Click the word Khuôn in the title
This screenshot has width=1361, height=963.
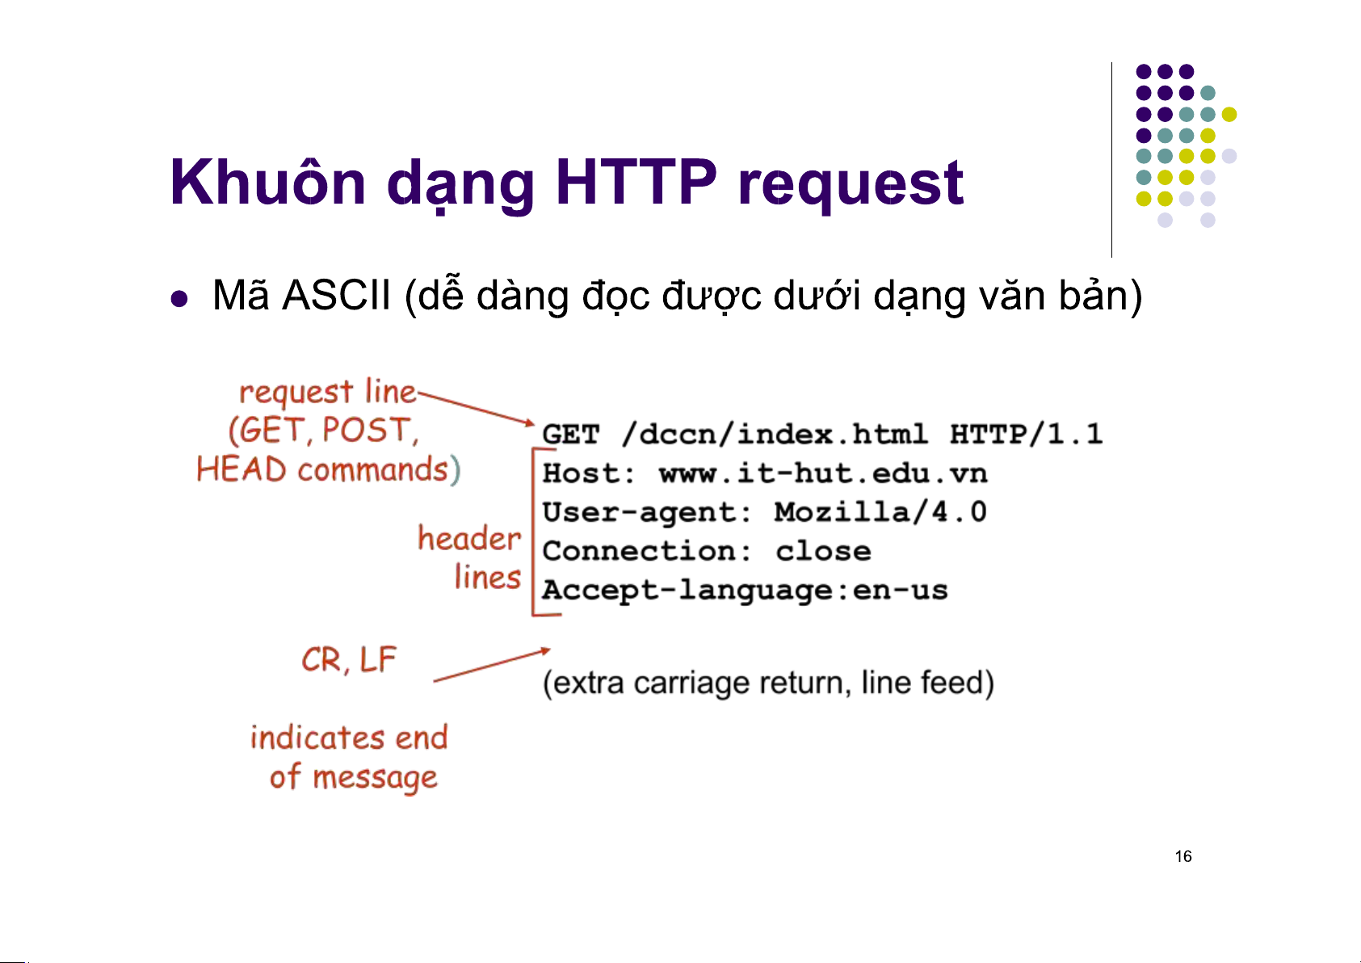pos(268,182)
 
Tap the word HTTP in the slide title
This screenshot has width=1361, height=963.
pos(636,182)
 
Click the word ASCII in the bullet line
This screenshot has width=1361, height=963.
pos(336,296)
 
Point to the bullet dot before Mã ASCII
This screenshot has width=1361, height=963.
pos(179,299)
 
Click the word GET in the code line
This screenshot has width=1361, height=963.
pos(570,435)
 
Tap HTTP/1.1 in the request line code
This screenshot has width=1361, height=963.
pos(1027,434)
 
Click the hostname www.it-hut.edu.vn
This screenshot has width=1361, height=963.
pos(823,473)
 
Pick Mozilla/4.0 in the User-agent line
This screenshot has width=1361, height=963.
pos(880,512)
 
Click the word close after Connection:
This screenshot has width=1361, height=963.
pos(823,551)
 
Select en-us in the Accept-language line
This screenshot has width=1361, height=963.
pos(900,590)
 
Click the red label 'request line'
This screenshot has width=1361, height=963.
pos(327,392)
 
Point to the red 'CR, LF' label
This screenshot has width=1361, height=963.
pos(349,660)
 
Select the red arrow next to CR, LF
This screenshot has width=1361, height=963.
pos(492,665)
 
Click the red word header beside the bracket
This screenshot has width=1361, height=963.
pos(469,538)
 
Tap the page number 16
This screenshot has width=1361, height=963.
pos(1183,856)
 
